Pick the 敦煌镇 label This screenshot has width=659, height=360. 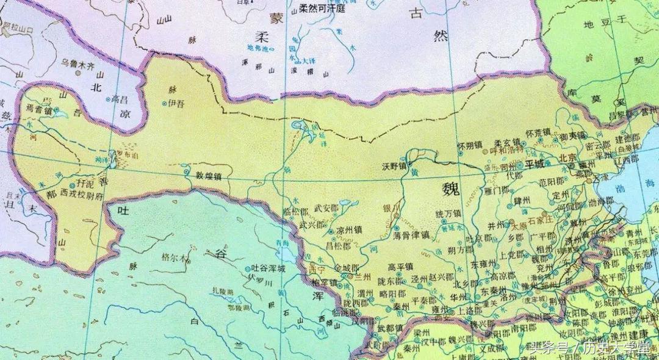tap(207, 175)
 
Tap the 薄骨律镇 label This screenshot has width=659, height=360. tap(411, 234)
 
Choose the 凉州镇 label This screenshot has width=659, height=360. tap(350, 232)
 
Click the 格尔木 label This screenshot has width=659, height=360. tap(175, 259)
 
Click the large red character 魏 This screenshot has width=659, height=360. tap(453, 189)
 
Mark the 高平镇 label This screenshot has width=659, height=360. tap(401, 266)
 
